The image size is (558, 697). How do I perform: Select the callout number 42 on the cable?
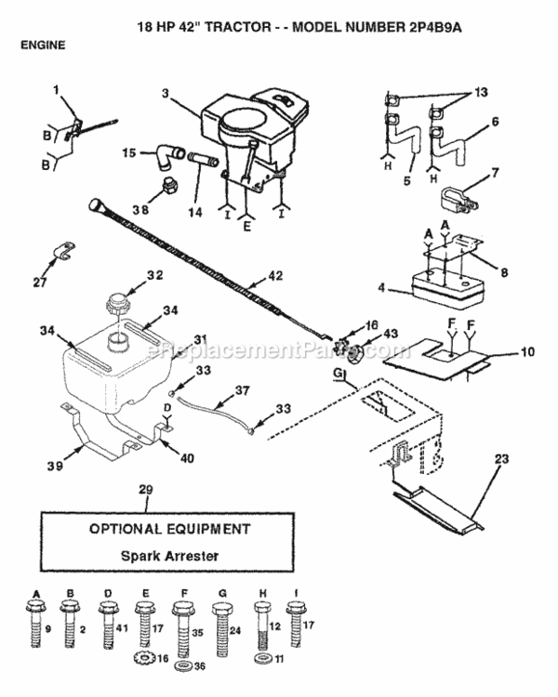(x=272, y=275)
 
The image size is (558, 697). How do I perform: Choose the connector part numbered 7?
(x=457, y=200)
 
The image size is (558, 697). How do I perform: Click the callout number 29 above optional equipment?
(x=144, y=488)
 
